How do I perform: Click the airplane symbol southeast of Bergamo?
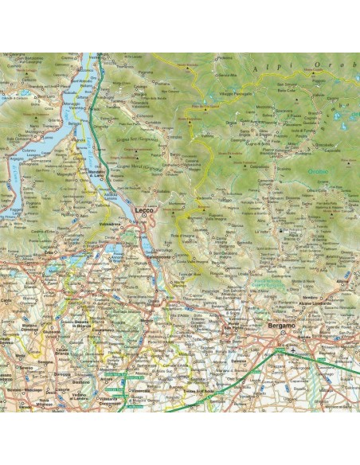(295, 350)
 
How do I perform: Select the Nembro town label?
(332, 303)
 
